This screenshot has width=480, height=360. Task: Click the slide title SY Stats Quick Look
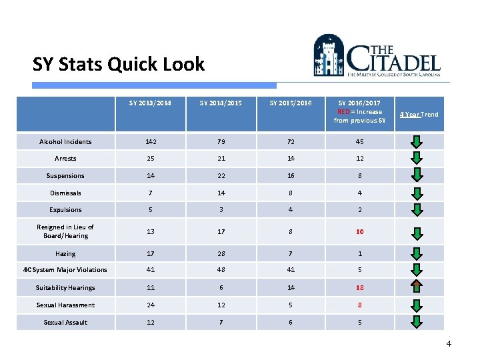119,65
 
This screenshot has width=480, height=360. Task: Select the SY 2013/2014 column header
150,103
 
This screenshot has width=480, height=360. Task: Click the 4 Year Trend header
419,115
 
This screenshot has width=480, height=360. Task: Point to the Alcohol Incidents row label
65,142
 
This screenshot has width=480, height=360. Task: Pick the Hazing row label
65,254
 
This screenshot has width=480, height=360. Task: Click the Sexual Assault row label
65,323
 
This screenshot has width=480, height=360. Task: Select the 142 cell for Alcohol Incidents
150,142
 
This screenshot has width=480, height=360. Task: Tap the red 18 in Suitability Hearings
359,288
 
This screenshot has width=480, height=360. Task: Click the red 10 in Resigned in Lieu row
359,231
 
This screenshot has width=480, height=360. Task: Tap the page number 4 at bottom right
449,344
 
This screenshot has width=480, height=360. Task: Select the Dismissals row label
65,193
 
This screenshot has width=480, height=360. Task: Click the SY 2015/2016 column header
290,103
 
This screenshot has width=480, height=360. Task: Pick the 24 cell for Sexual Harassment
150,305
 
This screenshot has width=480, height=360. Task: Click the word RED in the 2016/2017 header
343,112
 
